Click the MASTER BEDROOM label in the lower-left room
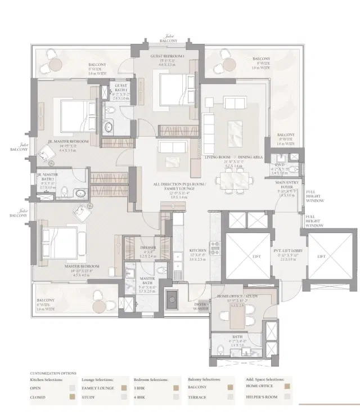coord(82,266)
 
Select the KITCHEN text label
coord(197,250)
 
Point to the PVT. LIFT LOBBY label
coord(285,251)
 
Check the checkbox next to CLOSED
coord(71,397)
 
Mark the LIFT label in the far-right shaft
coord(321,256)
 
